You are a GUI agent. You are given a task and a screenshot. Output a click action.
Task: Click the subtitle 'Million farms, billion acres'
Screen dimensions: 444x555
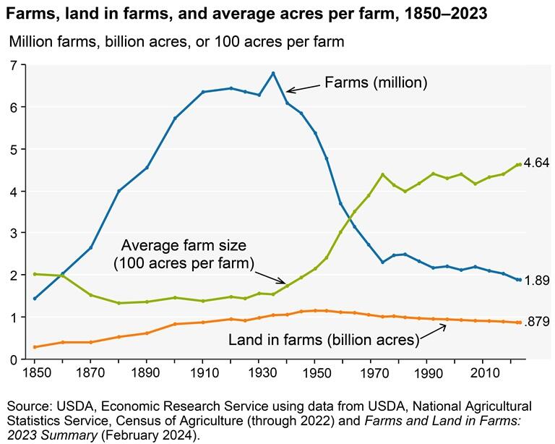(x=176, y=41)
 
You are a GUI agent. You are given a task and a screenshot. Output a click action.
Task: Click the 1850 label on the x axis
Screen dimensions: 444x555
(x=35, y=372)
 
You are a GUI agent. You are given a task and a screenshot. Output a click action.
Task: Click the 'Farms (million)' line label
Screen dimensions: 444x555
(x=375, y=83)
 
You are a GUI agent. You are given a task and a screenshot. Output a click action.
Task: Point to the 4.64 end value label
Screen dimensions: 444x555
(x=537, y=163)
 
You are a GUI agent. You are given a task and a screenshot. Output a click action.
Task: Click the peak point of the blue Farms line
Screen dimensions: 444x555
(x=272, y=73)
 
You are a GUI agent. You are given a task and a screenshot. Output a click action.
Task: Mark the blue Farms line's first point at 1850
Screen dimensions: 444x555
(x=35, y=299)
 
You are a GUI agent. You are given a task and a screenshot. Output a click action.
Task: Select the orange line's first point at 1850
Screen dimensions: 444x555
(x=35, y=347)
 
